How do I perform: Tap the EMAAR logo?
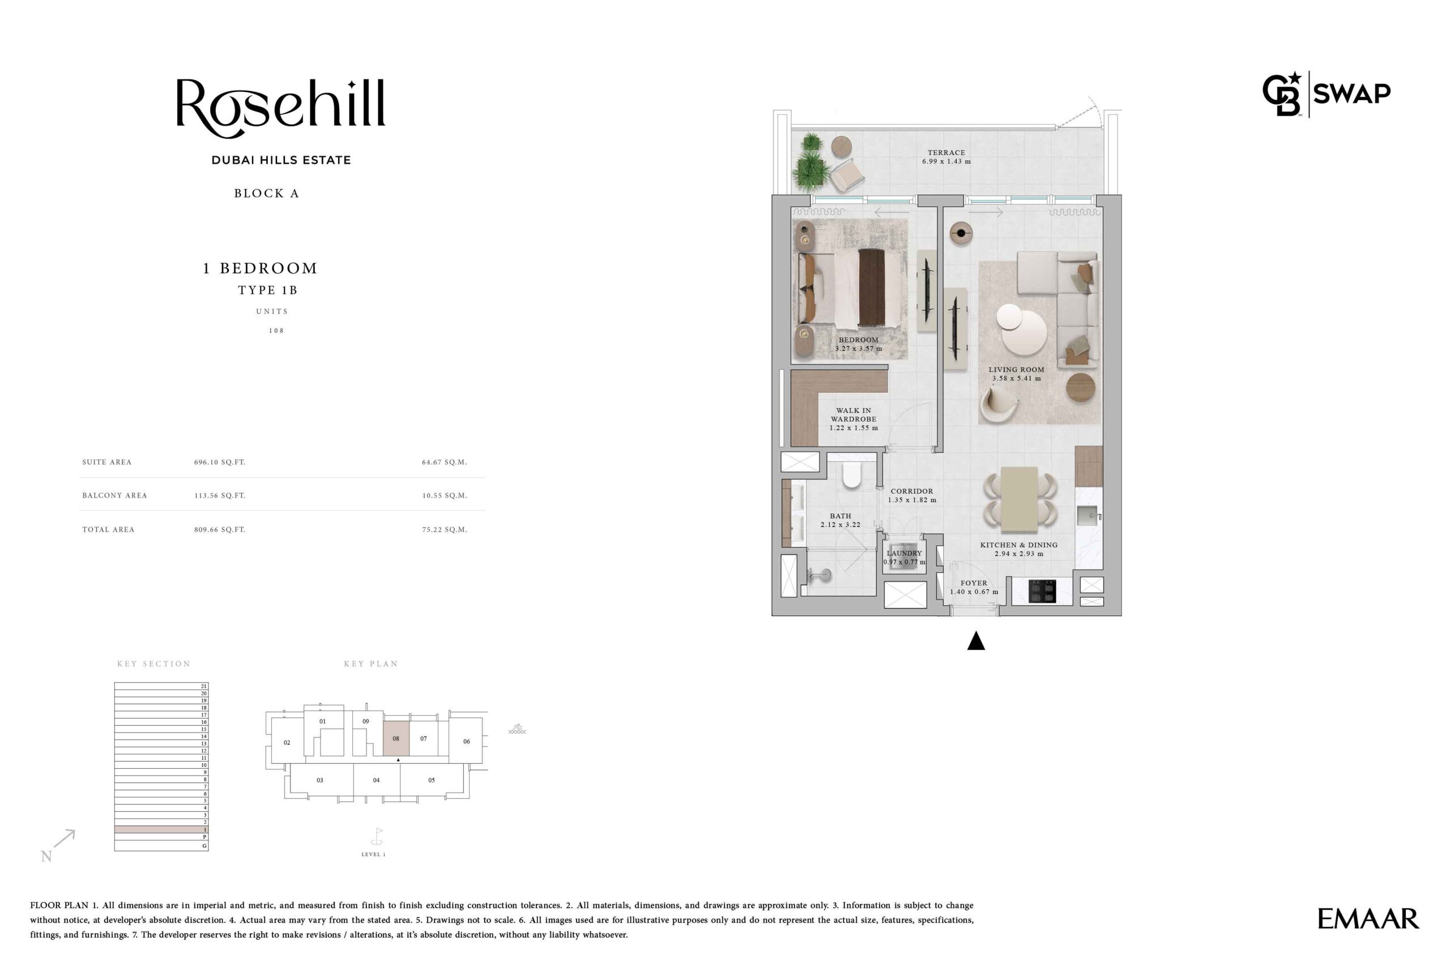[x=1368, y=919]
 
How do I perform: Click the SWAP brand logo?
[x=1326, y=94]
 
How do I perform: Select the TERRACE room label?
[x=946, y=152]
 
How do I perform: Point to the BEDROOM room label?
[x=858, y=340]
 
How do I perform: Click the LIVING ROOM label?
[x=1016, y=369]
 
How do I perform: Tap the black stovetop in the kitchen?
[x=1042, y=591]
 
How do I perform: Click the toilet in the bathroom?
[x=851, y=476]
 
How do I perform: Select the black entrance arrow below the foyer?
[x=975, y=641]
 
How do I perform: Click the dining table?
[x=1020, y=499]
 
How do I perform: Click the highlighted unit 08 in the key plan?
[x=396, y=738]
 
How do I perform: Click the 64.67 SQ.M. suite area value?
[x=444, y=462]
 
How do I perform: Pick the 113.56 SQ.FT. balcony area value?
[x=220, y=495]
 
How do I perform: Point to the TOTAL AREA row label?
[x=108, y=529]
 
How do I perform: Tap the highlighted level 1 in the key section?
[x=161, y=829]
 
